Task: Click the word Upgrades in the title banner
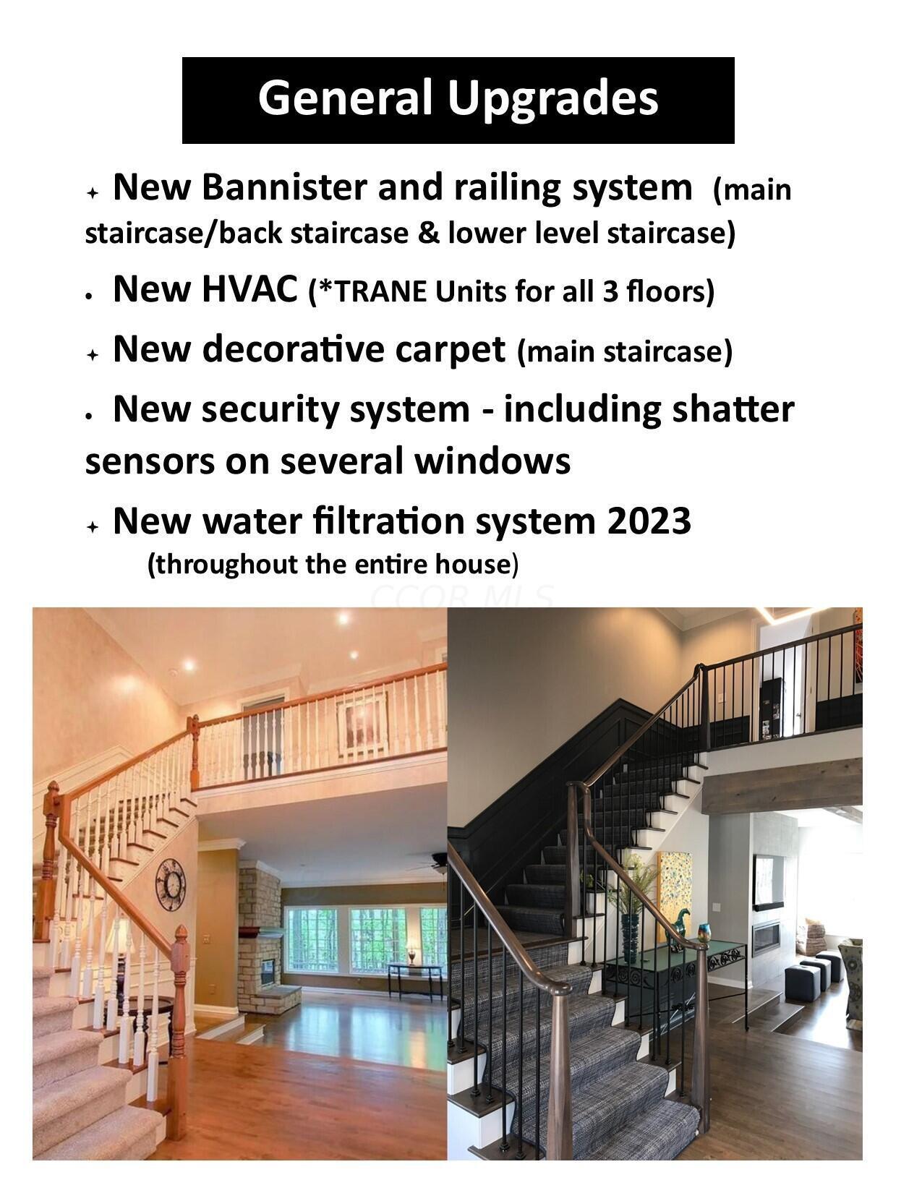pos(552,99)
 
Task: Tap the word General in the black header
pos(345,97)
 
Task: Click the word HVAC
pos(249,288)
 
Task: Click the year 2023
pos(649,521)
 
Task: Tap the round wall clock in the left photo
pos(170,884)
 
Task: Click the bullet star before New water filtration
pos(93,527)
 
